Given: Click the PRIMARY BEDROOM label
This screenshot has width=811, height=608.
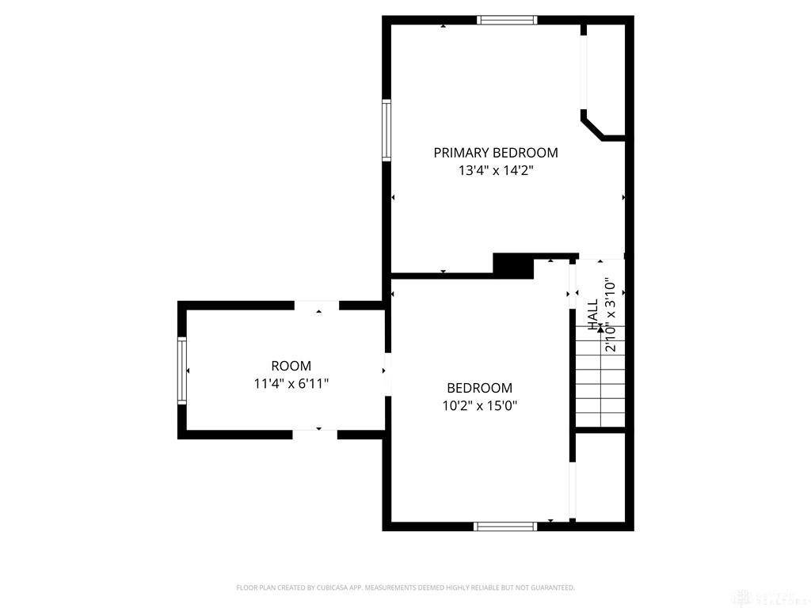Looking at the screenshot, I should click(x=495, y=153).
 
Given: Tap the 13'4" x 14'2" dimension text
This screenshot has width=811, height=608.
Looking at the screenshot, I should click(x=495, y=170).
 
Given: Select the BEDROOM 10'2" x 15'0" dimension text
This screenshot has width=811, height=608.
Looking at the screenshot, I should click(x=479, y=405).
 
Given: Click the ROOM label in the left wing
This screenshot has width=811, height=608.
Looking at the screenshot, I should click(x=291, y=366).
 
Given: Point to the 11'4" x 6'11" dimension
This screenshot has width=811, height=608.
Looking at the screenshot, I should click(x=291, y=384).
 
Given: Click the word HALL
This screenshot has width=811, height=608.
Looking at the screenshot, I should click(x=593, y=314).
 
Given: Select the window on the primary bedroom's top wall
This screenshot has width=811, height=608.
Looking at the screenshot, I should click(x=507, y=21).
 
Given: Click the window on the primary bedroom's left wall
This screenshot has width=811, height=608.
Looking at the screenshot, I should click(x=386, y=130).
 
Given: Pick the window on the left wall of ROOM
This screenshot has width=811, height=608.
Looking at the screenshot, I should click(x=182, y=370).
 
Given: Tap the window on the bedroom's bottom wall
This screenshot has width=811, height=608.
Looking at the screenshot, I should click(x=505, y=526).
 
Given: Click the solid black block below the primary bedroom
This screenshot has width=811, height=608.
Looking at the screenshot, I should click(x=513, y=265).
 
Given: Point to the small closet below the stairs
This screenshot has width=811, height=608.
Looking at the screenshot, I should click(x=600, y=475).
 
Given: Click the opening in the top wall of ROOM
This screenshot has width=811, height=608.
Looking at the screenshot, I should click(x=317, y=306).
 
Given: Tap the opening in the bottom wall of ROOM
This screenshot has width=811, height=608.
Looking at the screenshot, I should click(x=315, y=434).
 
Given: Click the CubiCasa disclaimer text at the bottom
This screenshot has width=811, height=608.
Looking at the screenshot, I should click(x=405, y=587).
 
